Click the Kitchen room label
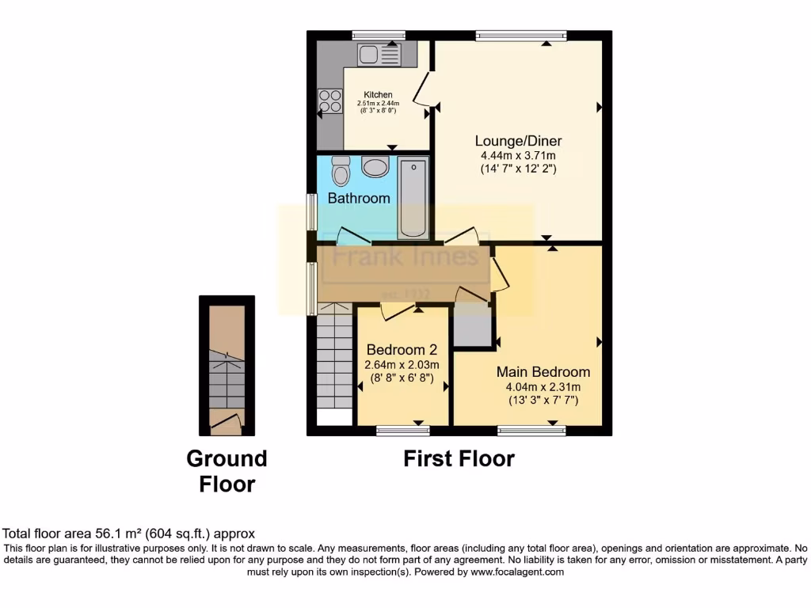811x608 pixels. pyautogui.click(x=378, y=95)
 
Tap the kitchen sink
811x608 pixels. pyautogui.click(x=379, y=54)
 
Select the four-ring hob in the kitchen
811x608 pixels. pyautogui.click(x=330, y=101)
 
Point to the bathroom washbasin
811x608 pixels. pyautogui.click(x=374, y=167)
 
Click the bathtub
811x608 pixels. pyautogui.click(x=413, y=198)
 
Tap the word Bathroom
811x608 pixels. pyautogui.click(x=359, y=198)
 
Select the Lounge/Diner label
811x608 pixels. pyautogui.click(x=518, y=141)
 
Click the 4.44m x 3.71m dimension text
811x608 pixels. pyautogui.click(x=518, y=155)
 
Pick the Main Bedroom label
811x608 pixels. pyautogui.click(x=543, y=372)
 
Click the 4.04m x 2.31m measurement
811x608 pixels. pyautogui.click(x=543, y=386)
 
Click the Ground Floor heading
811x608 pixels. pyautogui.click(x=227, y=471)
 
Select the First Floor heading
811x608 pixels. pyautogui.click(x=459, y=458)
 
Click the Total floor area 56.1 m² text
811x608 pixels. pyautogui.click(x=129, y=534)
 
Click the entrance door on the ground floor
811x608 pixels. pyautogui.click(x=226, y=423)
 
